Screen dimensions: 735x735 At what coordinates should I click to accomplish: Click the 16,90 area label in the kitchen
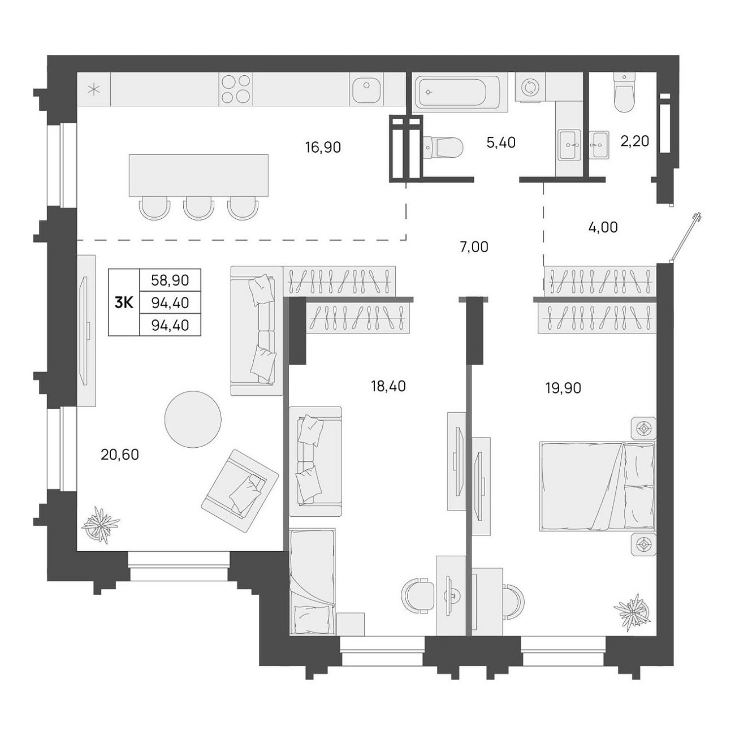[x=323, y=147]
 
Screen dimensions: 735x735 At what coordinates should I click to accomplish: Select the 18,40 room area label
[x=388, y=386]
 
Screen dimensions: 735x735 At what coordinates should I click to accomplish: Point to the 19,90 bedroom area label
[x=563, y=388]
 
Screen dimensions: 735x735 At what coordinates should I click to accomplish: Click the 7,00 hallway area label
[x=474, y=247]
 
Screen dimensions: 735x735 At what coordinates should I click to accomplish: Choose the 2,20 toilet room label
[x=635, y=141]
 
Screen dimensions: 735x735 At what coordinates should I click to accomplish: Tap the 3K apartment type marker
[x=124, y=303]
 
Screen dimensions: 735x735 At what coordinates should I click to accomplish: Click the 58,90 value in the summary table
[x=170, y=280]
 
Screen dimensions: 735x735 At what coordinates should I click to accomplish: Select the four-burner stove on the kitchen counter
[x=236, y=89]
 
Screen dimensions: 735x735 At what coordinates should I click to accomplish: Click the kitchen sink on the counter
[x=366, y=89]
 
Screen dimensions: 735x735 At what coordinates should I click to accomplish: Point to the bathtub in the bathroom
[x=457, y=92]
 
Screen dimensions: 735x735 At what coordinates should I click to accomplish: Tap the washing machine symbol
[x=529, y=87]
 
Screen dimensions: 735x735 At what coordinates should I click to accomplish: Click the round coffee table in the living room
[x=193, y=419]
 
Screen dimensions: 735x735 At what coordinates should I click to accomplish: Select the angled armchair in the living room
[x=240, y=491]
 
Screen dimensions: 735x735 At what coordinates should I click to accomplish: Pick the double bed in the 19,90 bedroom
[x=597, y=486]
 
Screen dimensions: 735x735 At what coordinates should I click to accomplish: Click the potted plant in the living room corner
[x=101, y=524]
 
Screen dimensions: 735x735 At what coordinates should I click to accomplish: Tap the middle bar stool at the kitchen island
[x=198, y=208]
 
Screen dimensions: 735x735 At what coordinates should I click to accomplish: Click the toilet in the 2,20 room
[x=625, y=93]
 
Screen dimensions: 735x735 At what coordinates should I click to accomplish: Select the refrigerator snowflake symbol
[x=94, y=90]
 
